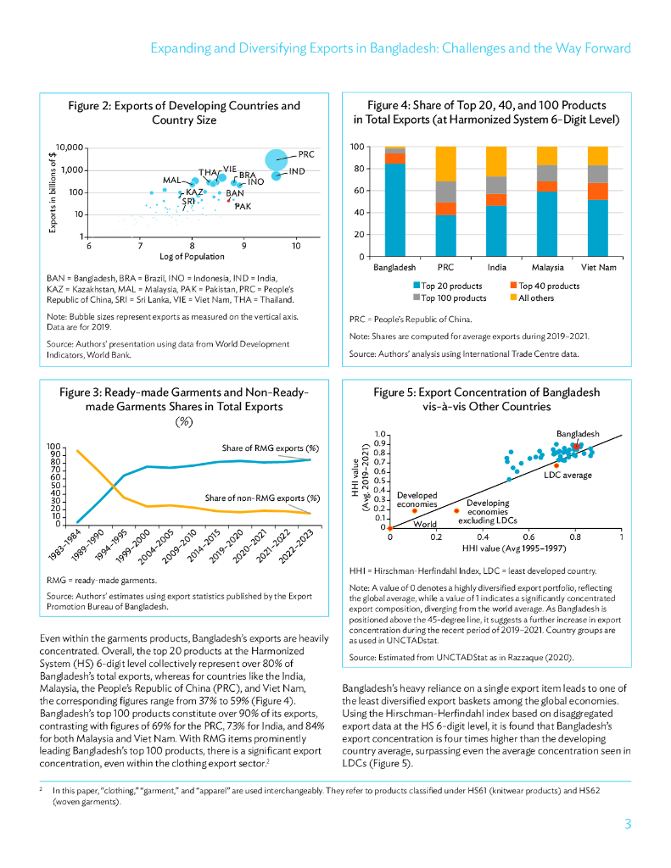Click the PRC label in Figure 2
point(306,154)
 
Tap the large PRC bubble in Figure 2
point(277,159)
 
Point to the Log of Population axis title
point(192,256)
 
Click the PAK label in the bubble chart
point(243,207)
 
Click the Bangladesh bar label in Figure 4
point(394,267)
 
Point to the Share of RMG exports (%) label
point(270,448)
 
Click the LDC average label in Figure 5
point(568,475)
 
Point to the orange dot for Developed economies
point(415,510)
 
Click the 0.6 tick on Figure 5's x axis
point(528,537)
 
